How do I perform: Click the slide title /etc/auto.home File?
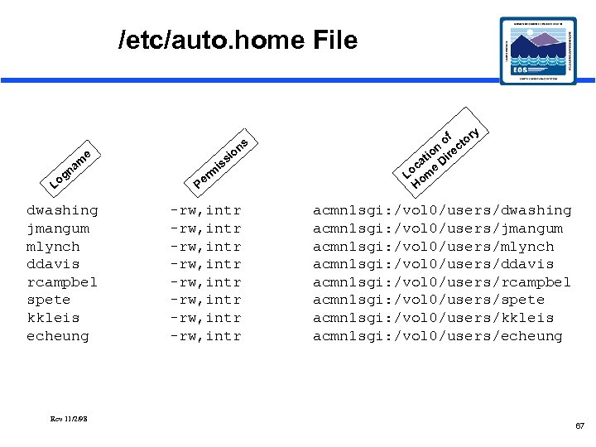point(238,40)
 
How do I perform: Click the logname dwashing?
point(62,210)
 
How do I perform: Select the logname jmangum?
point(58,228)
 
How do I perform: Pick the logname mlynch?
point(54,247)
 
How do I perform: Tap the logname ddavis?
point(54,264)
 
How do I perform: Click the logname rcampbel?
point(62,282)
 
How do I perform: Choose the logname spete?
point(49,300)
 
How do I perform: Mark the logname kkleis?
point(54,318)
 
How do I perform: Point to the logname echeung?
point(58,336)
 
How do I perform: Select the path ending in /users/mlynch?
point(433,247)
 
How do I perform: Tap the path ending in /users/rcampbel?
point(442,282)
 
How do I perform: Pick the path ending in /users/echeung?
point(437,336)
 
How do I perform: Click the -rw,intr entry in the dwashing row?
point(205,210)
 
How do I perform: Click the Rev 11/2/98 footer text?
point(69,419)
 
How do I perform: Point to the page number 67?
point(579,425)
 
